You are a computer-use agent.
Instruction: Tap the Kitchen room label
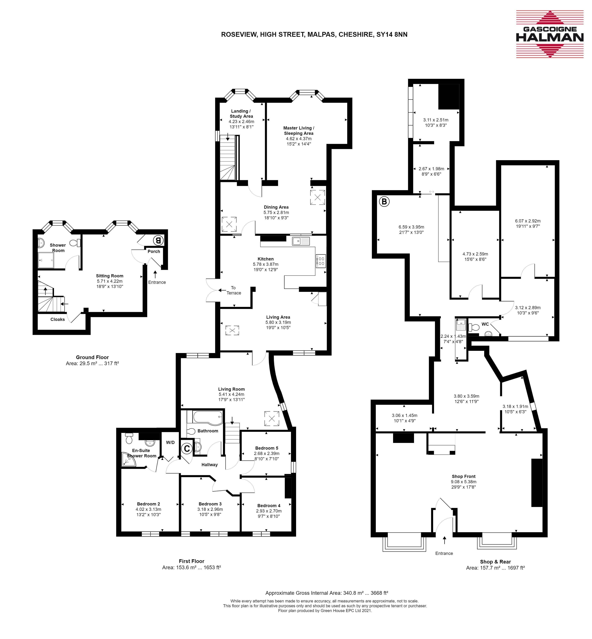click(x=266, y=259)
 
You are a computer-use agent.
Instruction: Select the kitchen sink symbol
click(x=301, y=241)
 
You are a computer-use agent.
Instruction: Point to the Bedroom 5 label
click(x=267, y=448)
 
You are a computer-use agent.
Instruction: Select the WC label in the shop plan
click(x=485, y=324)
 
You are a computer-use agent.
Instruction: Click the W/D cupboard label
click(x=170, y=442)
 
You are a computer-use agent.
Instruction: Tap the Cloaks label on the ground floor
click(x=58, y=319)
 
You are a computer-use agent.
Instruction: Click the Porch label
click(x=154, y=251)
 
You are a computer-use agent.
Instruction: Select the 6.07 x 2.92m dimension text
click(x=528, y=221)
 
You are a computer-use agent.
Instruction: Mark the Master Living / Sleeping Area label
click(x=298, y=130)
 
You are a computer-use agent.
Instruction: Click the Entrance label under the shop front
click(x=444, y=553)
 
